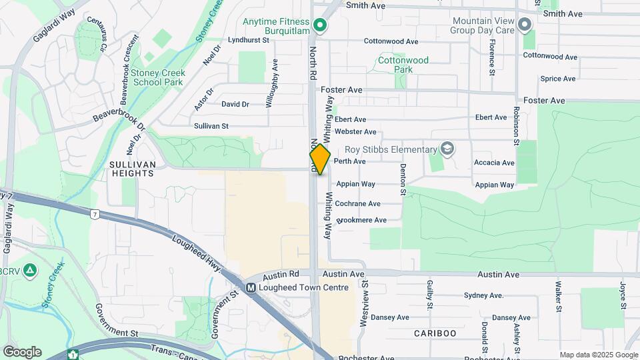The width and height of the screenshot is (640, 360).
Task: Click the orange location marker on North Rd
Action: [x=320, y=159]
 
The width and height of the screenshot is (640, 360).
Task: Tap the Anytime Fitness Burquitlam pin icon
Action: [x=320, y=26]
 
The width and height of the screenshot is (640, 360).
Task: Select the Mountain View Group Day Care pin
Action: [x=524, y=25]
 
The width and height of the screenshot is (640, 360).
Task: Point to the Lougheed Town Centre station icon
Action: [x=251, y=288]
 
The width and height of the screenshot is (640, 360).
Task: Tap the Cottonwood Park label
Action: [x=403, y=65]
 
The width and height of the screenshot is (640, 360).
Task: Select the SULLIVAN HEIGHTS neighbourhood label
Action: [x=133, y=169]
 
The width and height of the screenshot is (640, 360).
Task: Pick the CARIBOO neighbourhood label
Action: [x=435, y=333]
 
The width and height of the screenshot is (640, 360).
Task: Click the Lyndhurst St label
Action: [x=247, y=40]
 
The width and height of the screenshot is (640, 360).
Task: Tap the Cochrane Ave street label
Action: [x=358, y=203]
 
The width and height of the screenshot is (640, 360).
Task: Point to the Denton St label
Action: [x=403, y=180]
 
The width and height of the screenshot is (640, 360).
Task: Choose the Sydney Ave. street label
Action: [x=483, y=295]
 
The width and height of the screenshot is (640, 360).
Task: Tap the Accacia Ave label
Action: [x=494, y=163]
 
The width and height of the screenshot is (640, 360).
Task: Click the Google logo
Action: [x=22, y=352]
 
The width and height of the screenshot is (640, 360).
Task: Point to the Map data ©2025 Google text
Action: [x=599, y=355]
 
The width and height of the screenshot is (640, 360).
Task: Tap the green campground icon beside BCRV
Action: [x=29, y=271]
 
